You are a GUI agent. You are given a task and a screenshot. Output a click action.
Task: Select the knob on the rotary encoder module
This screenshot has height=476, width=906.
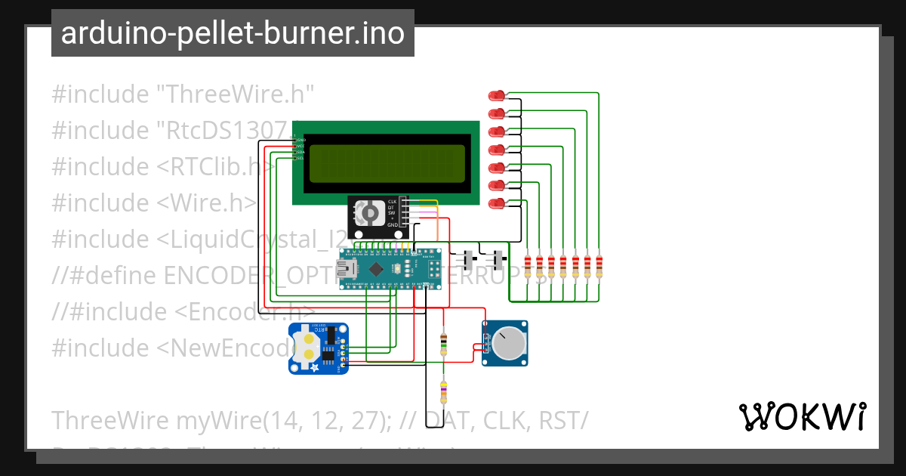[370, 215]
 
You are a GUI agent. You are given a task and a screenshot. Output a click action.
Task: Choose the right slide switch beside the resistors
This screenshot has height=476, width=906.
[498, 261]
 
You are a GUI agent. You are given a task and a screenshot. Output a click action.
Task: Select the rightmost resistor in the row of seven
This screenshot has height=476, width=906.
[599, 267]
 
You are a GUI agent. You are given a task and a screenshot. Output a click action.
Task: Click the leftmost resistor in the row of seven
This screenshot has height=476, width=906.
[527, 267]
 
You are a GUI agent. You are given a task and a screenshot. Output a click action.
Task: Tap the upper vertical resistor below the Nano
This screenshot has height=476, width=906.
[443, 344]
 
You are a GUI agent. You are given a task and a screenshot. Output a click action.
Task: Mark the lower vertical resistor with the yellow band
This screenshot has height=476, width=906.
[443, 392]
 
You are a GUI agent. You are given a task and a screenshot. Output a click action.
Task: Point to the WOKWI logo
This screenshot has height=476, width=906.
[802, 416]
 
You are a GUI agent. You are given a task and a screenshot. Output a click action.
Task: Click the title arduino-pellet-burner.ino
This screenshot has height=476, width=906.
[233, 33]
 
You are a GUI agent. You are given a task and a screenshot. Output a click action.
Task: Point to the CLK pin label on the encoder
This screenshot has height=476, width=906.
[392, 202]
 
